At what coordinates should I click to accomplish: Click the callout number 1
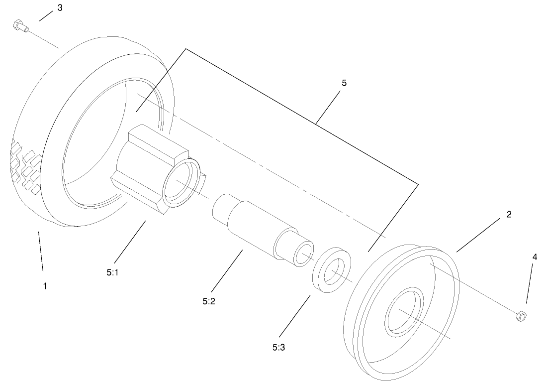pos(45,286)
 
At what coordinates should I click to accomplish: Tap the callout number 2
pos(509,215)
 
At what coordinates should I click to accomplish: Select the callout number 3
pos(60,8)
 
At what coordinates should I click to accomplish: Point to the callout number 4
pos(535,257)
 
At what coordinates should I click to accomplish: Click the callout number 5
pos(344,83)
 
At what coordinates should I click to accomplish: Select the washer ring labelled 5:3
pos(331,269)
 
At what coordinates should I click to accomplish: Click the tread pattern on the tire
pos(25,167)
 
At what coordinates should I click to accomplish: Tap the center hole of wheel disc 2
pos(404,312)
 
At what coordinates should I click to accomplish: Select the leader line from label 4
pos(530,284)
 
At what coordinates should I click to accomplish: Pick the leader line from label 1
pos(40,251)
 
